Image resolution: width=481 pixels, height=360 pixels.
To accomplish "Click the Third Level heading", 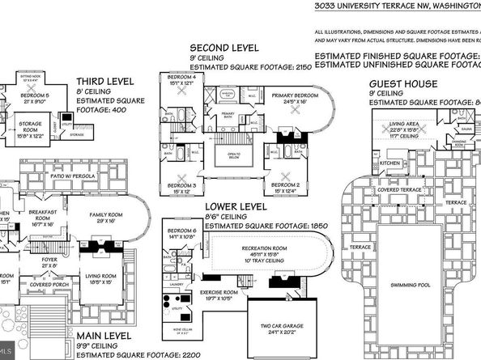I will (x=104, y=82).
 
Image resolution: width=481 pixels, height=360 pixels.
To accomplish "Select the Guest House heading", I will (x=403, y=83).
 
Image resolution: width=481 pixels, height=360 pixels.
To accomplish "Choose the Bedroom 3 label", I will (x=185, y=185).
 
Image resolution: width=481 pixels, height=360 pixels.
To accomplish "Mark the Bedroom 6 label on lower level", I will (x=182, y=231).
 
